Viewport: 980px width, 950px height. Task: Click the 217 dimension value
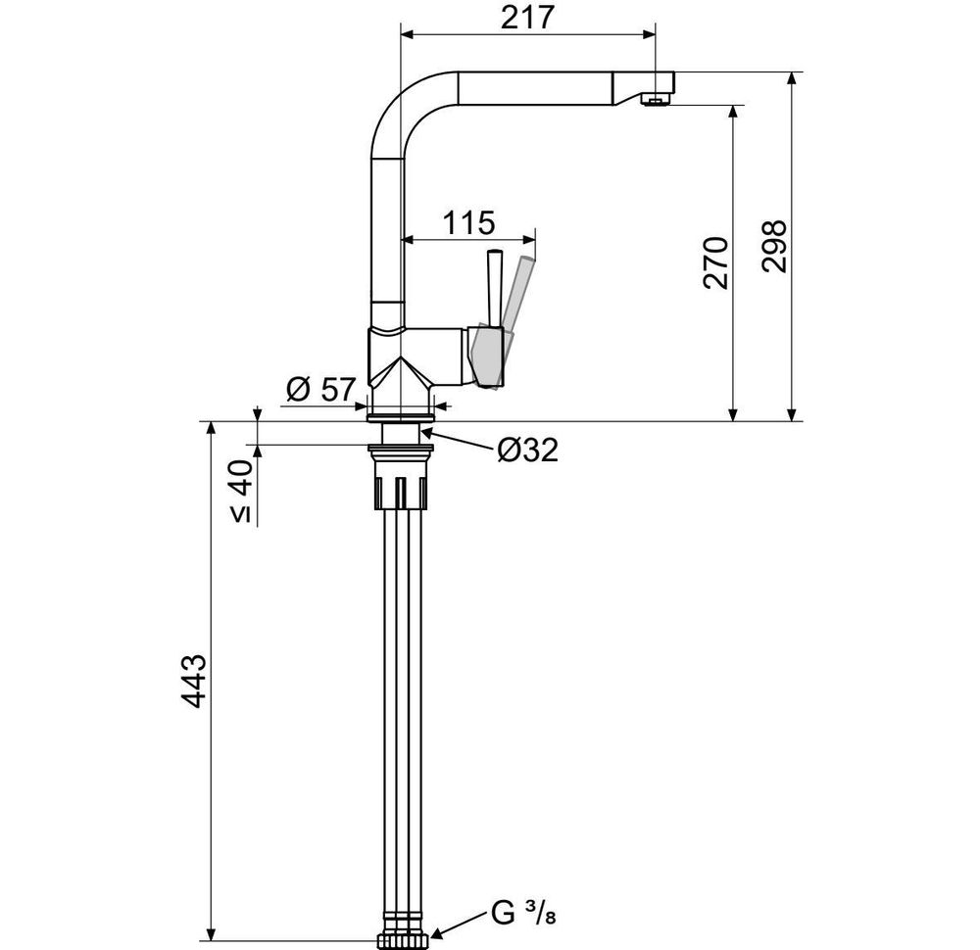click(x=527, y=18)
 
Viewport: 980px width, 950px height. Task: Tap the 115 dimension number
click(x=468, y=222)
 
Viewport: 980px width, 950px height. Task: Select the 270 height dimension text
click(x=715, y=262)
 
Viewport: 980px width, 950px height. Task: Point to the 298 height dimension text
click(x=774, y=246)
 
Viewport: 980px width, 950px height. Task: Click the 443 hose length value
click(x=193, y=681)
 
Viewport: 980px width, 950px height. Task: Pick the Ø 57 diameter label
click(x=321, y=390)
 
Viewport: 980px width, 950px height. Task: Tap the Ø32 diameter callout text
click(x=527, y=450)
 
